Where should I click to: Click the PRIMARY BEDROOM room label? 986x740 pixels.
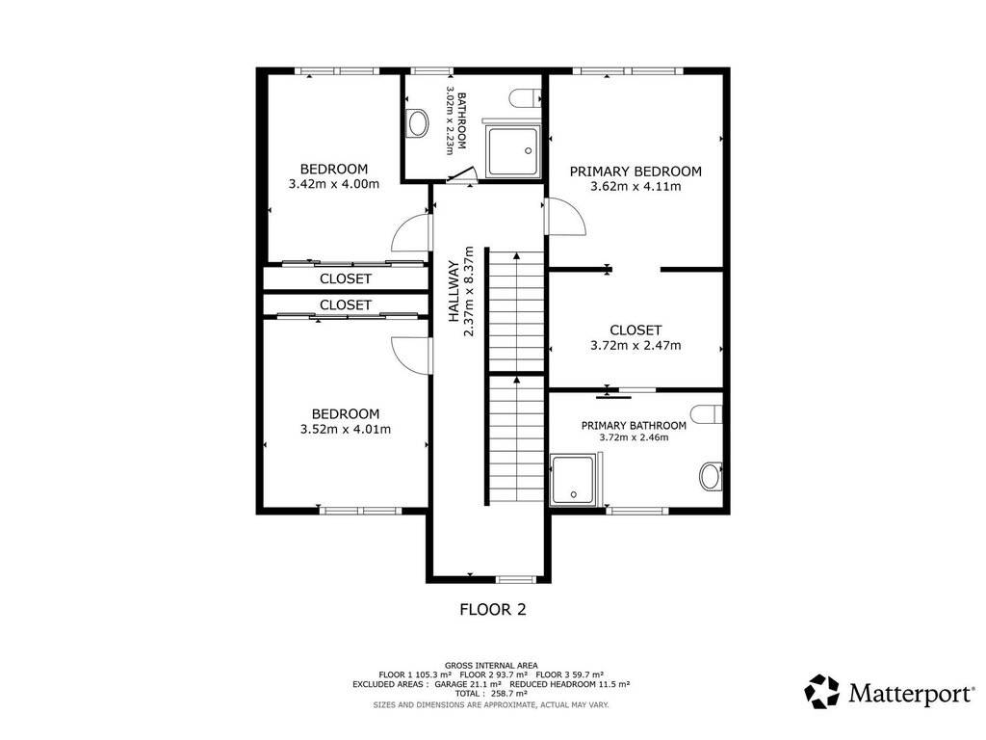pos(636,172)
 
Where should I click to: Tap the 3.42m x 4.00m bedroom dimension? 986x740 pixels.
pos(334,184)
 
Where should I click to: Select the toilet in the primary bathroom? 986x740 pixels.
pos(706,414)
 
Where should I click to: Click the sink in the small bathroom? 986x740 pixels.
pos(417,123)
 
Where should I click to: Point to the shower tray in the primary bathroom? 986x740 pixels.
pos(572,480)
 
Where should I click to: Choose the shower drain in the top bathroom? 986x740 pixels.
pos(529,151)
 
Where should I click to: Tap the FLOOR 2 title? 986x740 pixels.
pos(493,609)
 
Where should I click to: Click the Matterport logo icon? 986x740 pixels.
pos(822,692)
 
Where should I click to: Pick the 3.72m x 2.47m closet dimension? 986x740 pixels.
pos(636,346)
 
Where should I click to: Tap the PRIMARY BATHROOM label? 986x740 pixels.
pos(634,426)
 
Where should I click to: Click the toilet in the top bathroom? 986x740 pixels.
pos(525,98)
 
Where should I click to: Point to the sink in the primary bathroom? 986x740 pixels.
pos(712,476)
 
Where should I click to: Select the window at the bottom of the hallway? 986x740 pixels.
pos(515,579)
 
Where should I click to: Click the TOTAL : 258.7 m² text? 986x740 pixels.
pos(491,694)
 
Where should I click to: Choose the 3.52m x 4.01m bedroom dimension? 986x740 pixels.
pos(346,429)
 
